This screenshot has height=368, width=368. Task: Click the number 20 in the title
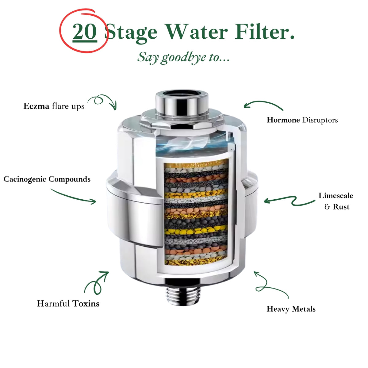pos(85,32)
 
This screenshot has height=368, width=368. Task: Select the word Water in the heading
pos(196,32)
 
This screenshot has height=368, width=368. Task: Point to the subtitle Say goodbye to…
pos(183,58)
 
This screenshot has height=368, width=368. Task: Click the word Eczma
pos(36,106)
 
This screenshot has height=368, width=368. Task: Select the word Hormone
pos(283,120)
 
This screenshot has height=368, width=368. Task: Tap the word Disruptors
pos(320,120)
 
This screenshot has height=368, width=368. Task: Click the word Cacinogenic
pos(25,179)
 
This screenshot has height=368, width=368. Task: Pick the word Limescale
pos(336,195)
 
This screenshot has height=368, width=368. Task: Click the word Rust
pos(341,207)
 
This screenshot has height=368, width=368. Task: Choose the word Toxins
pos(86,304)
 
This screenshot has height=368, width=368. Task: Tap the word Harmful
pos(53,304)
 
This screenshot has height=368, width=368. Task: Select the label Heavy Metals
pos(291,309)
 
